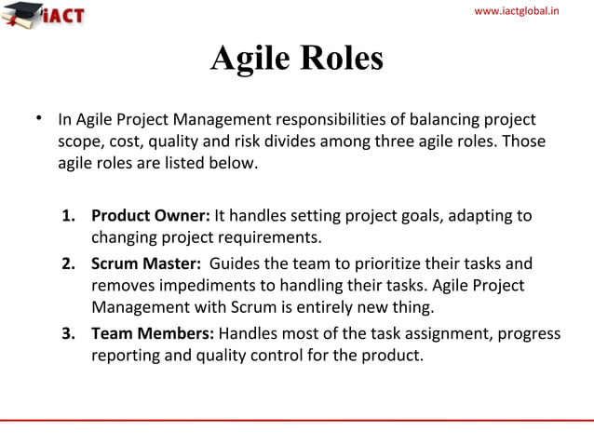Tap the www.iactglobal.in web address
point(530,10)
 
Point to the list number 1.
point(68,216)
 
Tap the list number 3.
point(68,333)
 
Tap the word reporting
point(122,356)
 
